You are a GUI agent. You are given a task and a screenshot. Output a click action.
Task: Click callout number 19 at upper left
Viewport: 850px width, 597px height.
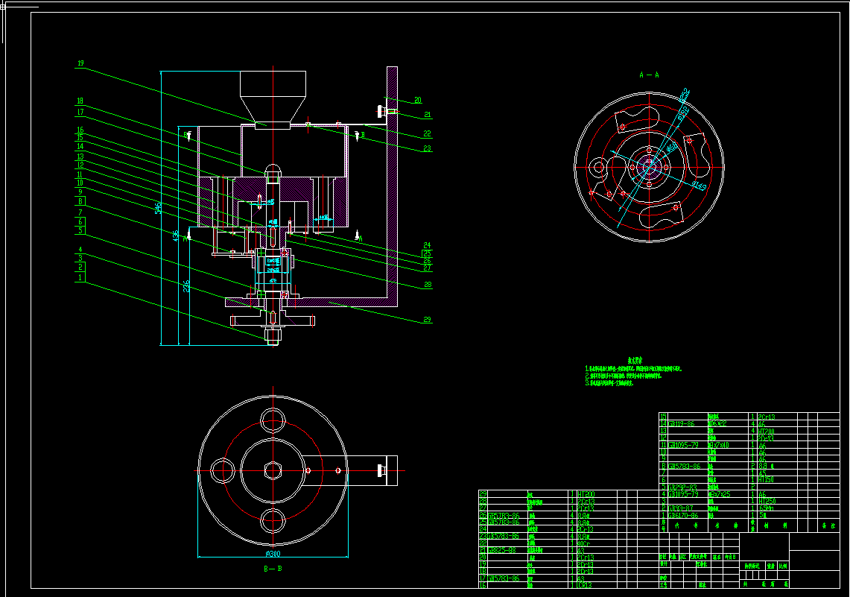click(80, 64)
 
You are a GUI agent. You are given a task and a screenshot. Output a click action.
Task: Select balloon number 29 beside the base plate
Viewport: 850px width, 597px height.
click(428, 320)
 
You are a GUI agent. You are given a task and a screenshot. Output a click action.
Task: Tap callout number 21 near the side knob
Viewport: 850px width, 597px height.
click(428, 115)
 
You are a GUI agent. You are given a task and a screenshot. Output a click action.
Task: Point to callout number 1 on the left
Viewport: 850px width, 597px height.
click(80, 277)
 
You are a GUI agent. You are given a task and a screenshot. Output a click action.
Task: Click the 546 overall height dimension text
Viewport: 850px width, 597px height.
click(158, 207)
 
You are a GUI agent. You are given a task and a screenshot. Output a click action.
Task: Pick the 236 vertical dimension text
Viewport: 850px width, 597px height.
click(186, 287)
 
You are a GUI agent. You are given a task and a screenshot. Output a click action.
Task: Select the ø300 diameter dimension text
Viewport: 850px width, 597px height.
click(272, 554)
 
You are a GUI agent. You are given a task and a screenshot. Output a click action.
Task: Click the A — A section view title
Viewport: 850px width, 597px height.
click(649, 75)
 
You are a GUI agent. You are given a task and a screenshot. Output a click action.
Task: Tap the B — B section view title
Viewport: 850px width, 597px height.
click(273, 569)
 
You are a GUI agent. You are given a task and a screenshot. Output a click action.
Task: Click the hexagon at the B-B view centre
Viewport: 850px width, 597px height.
click(272, 470)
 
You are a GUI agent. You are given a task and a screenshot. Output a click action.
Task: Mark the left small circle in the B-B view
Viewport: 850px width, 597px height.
click(222, 470)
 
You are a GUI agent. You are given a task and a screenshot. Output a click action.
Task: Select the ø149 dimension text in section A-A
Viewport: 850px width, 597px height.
click(698, 184)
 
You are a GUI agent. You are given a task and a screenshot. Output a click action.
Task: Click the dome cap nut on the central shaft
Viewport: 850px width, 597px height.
click(273, 171)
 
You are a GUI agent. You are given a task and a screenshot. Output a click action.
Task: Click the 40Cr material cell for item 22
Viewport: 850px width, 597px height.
click(586, 543)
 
